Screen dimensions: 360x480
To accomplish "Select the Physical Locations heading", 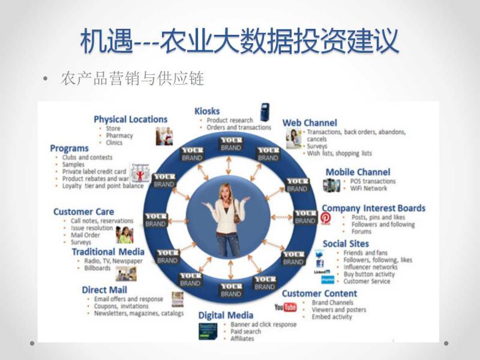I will pyautogui.click(x=130, y=119).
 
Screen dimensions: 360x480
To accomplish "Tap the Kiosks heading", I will pyautogui.click(x=207, y=111).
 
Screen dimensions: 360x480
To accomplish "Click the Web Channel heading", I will pyautogui.click(x=310, y=123).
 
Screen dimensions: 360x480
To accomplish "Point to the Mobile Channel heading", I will pyautogui.click(x=358, y=172).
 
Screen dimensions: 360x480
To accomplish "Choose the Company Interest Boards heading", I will pyautogui.click(x=373, y=208).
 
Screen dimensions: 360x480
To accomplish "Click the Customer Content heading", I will pyautogui.click(x=319, y=293).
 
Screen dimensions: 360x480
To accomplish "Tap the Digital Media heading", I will pyautogui.click(x=226, y=315).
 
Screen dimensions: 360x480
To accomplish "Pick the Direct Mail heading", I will pyautogui.click(x=104, y=290).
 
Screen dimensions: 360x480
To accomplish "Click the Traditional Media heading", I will pyautogui.click(x=108, y=252).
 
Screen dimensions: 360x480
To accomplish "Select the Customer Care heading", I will pyautogui.click(x=83, y=212).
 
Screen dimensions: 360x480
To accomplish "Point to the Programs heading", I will pyautogui.click(x=69, y=148).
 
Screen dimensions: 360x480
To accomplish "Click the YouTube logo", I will pyautogui.click(x=286, y=308).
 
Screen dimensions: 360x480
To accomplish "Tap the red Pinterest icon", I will pyautogui.click(x=325, y=218).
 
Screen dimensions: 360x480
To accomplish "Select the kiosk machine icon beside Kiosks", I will pyautogui.click(x=264, y=112).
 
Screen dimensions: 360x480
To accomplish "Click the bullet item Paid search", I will pyautogui.click(x=246, y=331).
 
